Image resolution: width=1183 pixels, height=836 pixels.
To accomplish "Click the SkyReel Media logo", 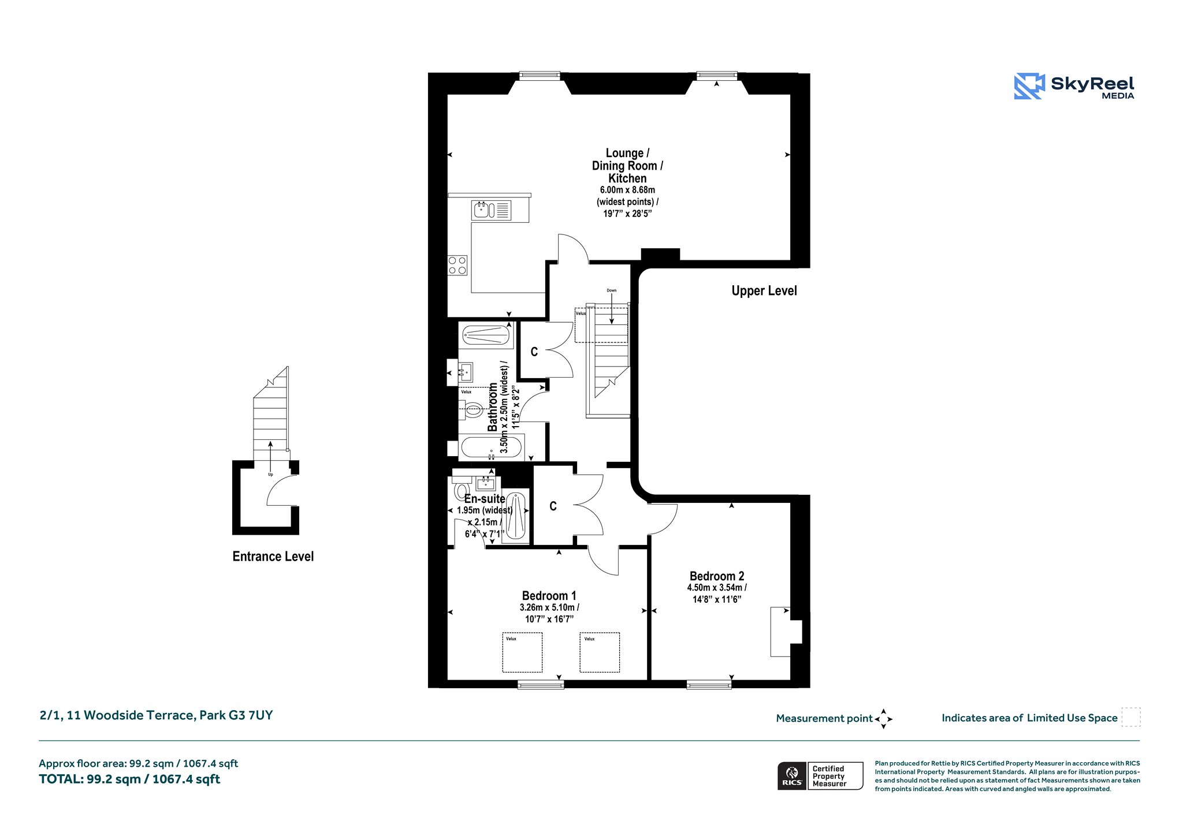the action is click(1074, 86).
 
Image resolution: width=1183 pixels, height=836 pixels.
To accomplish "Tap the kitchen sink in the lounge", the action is click(492, 210).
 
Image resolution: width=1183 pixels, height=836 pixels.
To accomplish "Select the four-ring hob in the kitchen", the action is click(457, 266).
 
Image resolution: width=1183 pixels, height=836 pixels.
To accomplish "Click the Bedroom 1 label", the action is click(549, 595).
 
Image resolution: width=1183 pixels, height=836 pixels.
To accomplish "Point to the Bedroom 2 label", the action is click(717, 576).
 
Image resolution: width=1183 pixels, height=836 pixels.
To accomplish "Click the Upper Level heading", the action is click(764, 290).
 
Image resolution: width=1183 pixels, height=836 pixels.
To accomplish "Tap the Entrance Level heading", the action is click(273, 556).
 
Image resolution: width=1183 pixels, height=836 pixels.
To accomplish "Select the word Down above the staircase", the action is click(611, 290).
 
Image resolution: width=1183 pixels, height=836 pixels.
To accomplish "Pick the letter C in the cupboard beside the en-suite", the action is click(553, 506).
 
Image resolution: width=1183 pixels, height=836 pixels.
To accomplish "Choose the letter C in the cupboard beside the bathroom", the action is click(534, 352).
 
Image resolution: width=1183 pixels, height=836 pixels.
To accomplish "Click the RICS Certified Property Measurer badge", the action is click(820, 776).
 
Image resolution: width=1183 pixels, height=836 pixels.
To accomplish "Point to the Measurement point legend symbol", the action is click(883, 719).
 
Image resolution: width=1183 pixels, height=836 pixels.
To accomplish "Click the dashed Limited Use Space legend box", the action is click(1131, 717).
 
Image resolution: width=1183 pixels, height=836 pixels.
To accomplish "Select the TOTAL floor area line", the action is click(129, 779).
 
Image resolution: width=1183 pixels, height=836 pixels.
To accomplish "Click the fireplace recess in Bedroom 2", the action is click(786, 632).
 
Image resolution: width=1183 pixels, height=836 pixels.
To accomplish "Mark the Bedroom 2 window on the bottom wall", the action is click(709, 685).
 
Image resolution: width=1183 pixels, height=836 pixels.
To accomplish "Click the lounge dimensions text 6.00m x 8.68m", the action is click(627, 190).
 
